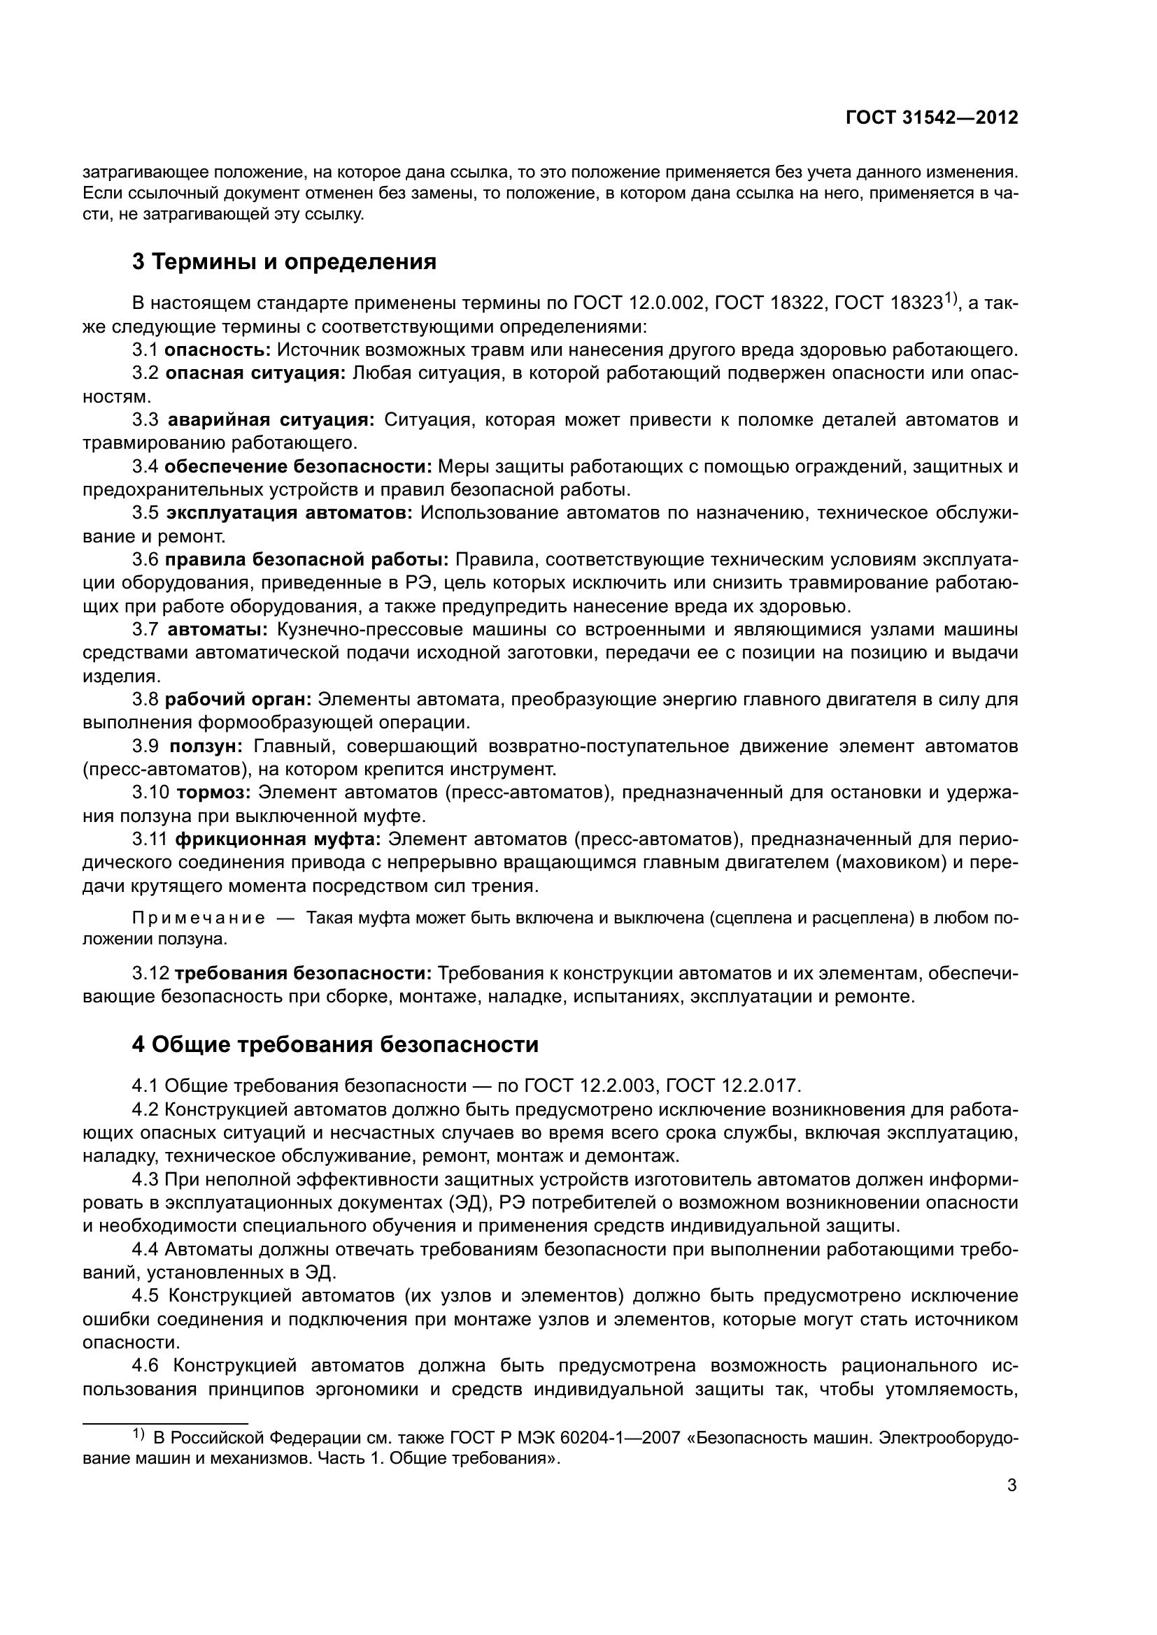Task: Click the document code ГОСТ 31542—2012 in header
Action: click(931, 118)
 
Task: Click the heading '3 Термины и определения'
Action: click(284, 262)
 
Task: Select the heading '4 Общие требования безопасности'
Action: click(335, 1044)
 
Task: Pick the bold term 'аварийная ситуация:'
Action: click(271, 419)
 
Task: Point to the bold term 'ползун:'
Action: click(206, 747)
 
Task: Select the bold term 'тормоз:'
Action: click(213, 793)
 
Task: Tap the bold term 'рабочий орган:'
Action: click(238, 699)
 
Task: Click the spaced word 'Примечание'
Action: click(199, 918)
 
